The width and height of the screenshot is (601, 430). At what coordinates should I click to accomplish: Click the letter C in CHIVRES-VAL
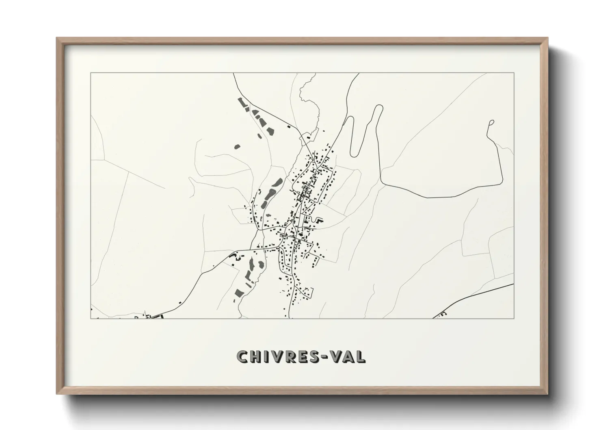tap(243, 356)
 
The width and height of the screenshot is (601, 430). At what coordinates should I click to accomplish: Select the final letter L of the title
tap(361, 356)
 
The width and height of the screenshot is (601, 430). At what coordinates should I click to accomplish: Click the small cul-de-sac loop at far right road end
tap(492, 122)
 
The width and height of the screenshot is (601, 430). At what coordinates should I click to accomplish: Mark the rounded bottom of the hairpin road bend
tap(355, 154)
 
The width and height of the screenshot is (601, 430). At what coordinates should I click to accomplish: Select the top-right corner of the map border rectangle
tap(514, 73)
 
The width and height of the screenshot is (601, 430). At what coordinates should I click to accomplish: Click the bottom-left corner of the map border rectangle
tap(91, 318)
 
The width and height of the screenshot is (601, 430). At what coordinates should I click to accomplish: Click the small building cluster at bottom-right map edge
tap(442, 314)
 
